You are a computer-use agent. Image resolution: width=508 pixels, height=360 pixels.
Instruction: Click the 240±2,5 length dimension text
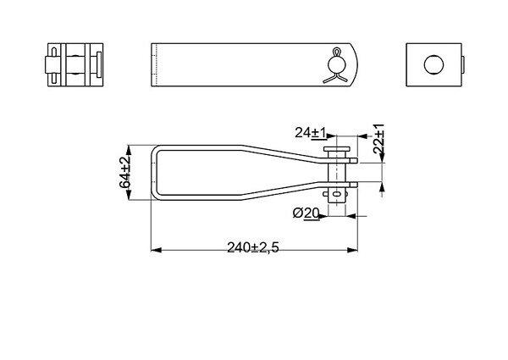[x=253, y=247]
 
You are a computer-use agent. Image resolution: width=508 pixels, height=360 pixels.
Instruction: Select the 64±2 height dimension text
[x=124, y=173]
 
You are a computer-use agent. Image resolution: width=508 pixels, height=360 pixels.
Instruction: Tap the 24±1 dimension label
[x=311, y=133]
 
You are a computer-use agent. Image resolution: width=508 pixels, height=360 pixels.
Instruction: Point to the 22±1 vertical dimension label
[x=378, y=139]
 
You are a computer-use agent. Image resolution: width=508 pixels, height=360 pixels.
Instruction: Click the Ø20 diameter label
[x=306, y=213]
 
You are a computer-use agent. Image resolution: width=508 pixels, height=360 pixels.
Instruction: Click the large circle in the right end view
[x=433, y=64]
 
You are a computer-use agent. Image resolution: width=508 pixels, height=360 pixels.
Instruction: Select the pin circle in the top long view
[x=337, y=65]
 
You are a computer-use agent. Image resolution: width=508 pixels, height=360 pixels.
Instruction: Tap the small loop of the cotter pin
[x=337, y=52]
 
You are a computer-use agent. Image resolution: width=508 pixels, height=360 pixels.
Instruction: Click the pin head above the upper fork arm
[x=337, y=149]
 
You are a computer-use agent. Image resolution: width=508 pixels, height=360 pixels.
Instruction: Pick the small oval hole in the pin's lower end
[x=337, y=194]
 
